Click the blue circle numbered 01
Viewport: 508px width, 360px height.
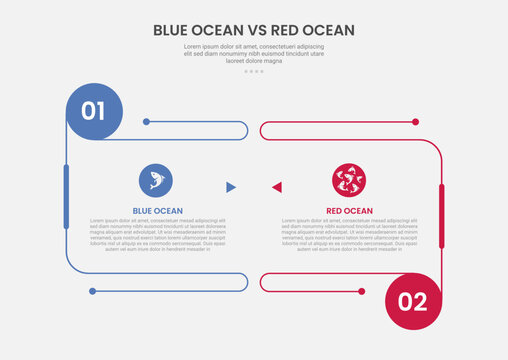(93, 110)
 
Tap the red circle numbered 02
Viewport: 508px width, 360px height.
(412, 299)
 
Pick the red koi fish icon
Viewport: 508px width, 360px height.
(349, 181)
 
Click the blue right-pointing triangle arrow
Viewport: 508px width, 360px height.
(231, 187)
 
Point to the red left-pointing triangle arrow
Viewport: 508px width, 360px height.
(277, 187)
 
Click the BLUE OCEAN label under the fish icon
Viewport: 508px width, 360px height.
(157, 210)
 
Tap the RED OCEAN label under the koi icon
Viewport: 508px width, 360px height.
(349, 210)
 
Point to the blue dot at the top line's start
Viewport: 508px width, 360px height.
(147, 122)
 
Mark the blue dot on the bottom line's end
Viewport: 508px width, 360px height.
(92, 291)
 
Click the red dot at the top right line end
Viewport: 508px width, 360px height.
(415, 122)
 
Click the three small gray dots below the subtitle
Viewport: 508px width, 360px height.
(254, 72)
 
